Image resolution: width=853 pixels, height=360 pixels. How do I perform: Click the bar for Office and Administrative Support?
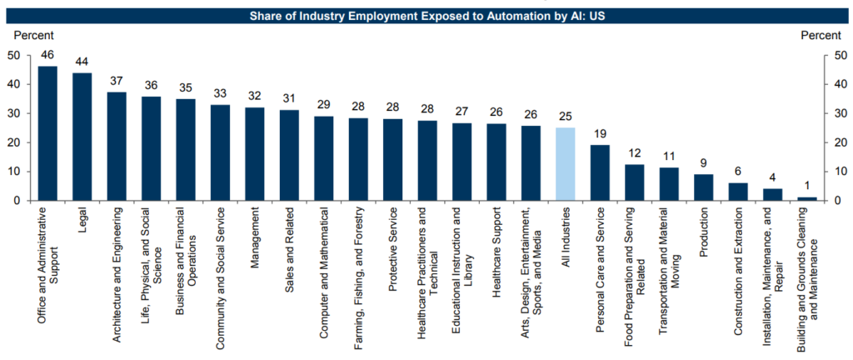[47, 133]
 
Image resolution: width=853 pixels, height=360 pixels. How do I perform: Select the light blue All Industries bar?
[565, 164]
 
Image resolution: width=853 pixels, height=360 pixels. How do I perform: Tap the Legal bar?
[82, 137]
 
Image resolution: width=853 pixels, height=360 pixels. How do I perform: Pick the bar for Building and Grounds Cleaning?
[806, 198]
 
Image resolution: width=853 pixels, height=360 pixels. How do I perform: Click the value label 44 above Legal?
[82, 62]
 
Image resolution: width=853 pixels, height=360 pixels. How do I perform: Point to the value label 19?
[600, 134]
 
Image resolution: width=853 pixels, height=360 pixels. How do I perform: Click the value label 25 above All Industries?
[565, 117]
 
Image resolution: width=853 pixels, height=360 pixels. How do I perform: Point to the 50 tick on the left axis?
[14, 55]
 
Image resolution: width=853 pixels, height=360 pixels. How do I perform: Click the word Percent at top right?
[821, 35]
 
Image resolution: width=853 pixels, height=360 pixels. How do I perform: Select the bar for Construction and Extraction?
[738, 192]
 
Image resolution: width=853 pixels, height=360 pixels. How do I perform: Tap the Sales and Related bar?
[289, 155]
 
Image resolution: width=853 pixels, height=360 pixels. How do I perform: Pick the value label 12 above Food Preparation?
[635, 154]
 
